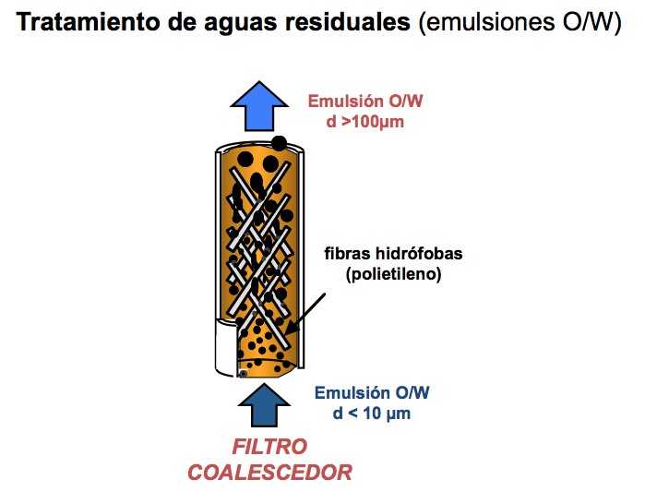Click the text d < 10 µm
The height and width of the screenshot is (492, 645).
[x=371, y=413]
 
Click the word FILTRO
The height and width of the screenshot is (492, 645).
[x=269, y=449]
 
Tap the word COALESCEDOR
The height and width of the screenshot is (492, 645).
[x=269, y=473]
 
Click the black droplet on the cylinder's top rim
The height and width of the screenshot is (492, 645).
[x=279, y=143]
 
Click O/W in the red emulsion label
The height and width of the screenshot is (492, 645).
[x=410, y=102]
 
